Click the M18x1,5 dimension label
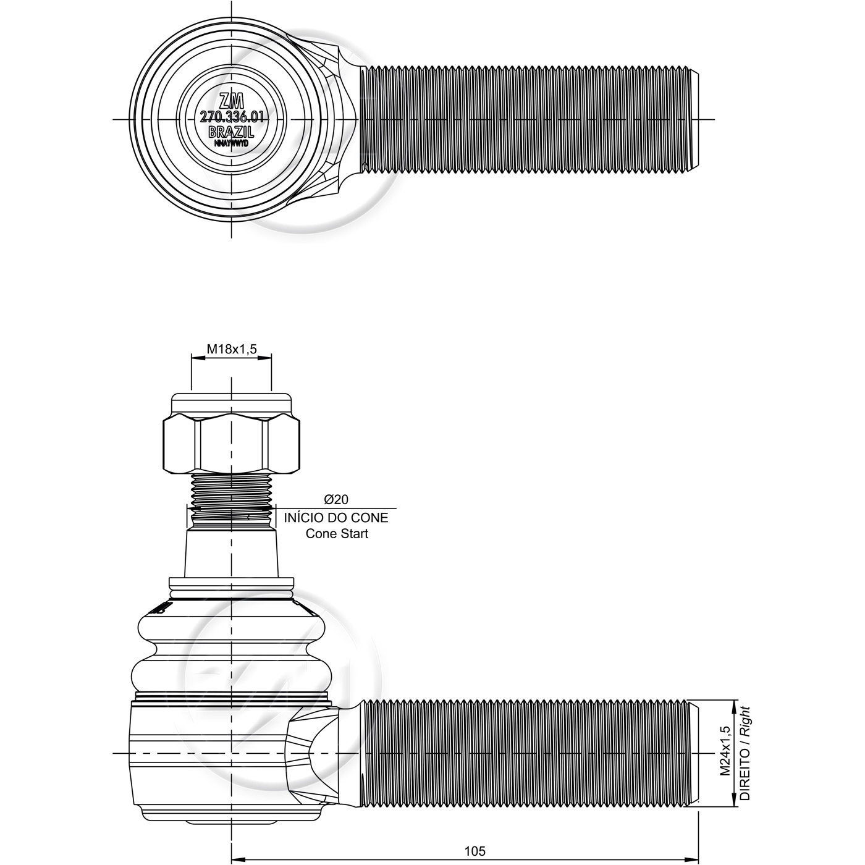[x=232, y=348]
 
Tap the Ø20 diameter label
[x=336, y=499]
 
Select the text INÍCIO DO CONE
[x=336, y=518]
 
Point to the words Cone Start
[x=337, y=534]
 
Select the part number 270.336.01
[x=231, y=117]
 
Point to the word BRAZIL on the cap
[x=232, y=132]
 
